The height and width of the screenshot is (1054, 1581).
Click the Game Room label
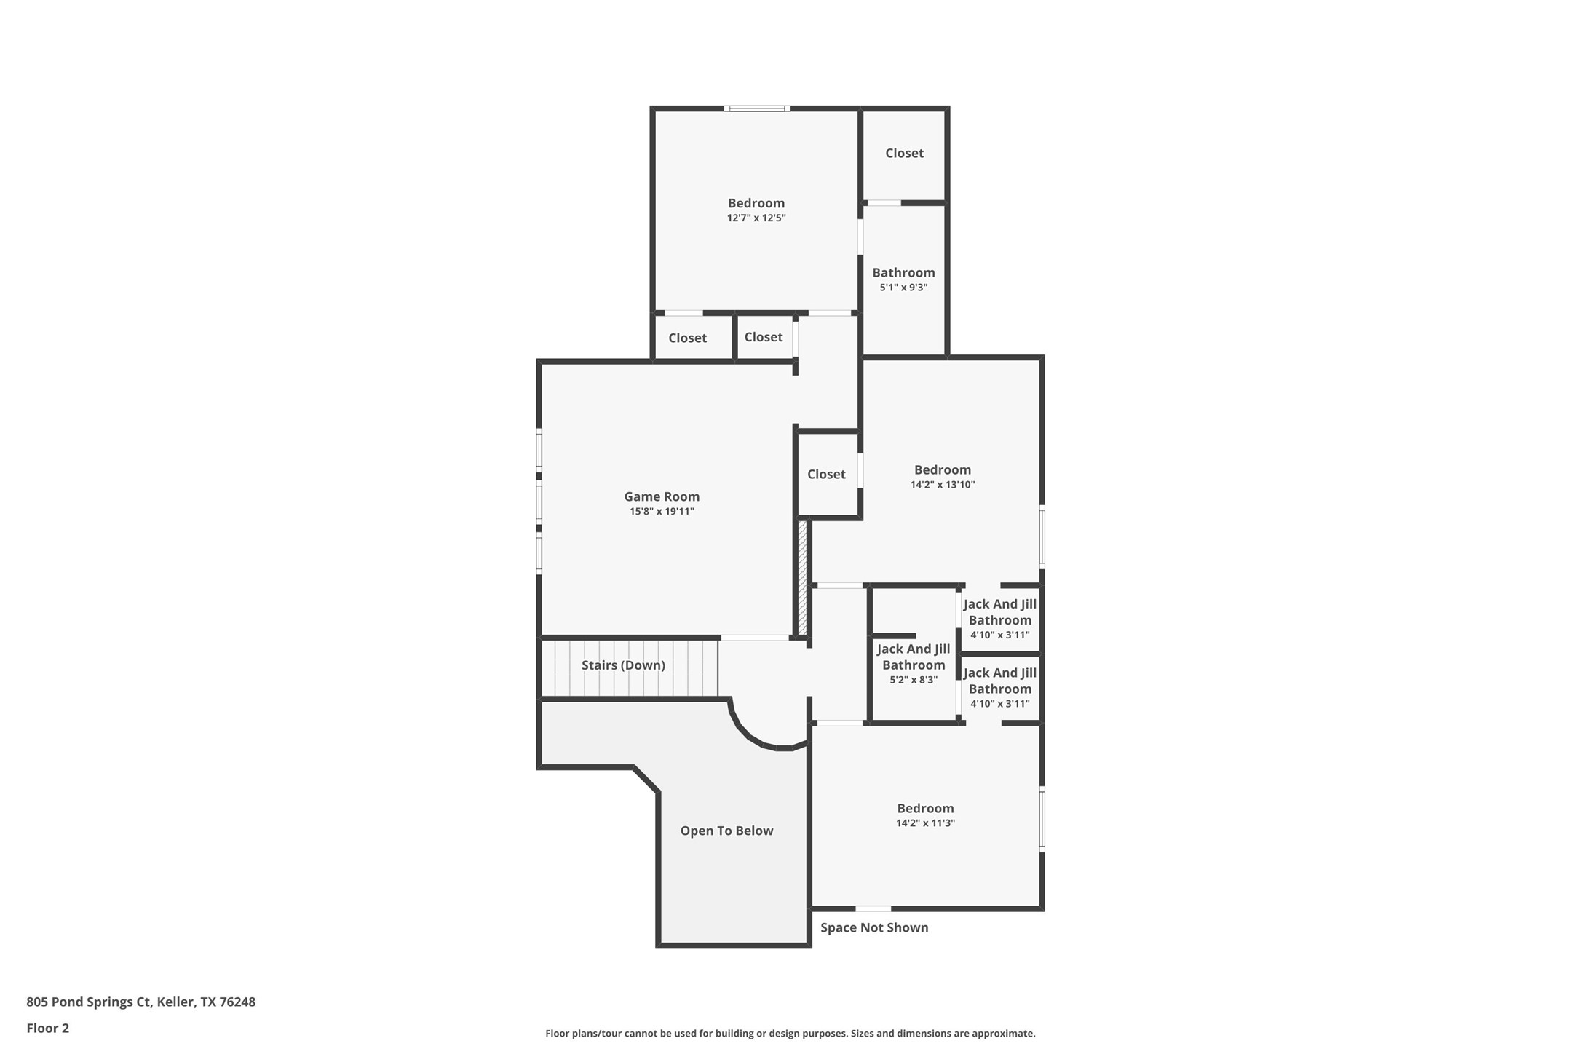coord(661,496)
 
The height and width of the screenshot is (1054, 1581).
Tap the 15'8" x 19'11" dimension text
coord(661,512)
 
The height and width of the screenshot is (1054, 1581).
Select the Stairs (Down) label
coord(623,665)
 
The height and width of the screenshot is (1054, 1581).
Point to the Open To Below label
coord(726,831)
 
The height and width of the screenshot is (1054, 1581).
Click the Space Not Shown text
coord(873,927)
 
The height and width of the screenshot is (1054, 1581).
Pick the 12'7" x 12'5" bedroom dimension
coord(756,218)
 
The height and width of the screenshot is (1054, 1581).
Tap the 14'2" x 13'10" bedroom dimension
coord(942,485)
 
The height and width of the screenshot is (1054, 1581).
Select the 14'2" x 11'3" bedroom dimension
coord(925,823)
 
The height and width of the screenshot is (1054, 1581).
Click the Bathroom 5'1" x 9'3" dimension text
coord(903,288)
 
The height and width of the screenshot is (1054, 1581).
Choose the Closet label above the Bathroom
coord(904,153)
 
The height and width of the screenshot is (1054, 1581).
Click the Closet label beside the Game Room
coord(826,474)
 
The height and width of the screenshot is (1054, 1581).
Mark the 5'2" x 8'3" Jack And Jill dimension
coord(913,680)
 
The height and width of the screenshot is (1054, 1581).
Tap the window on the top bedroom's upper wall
coord(757,108)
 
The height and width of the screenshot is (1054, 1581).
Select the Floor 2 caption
coord(47,1029)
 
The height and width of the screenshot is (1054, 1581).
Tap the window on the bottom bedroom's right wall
coord(1042,819)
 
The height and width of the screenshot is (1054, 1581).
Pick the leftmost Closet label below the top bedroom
coord(687,338)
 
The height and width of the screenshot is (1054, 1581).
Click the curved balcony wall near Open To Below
coord(757,738)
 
